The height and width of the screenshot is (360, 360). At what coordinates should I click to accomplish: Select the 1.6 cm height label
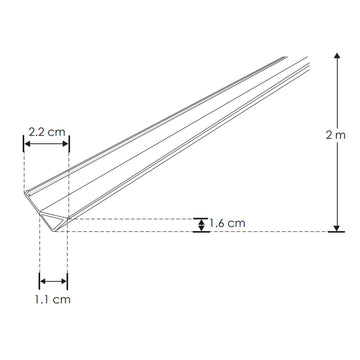click(x=228, y=224)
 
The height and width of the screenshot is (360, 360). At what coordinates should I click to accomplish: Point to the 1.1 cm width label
click(x=54, y=298)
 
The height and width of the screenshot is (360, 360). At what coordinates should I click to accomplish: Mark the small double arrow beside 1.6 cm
click(x=200, y=224)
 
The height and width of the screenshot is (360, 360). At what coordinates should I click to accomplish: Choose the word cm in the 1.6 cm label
click(x=237, y=224)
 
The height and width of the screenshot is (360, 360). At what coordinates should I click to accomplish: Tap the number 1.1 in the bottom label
click(x=45, y=298)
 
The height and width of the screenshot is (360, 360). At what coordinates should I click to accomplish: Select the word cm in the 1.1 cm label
click(x=63, y=298)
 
